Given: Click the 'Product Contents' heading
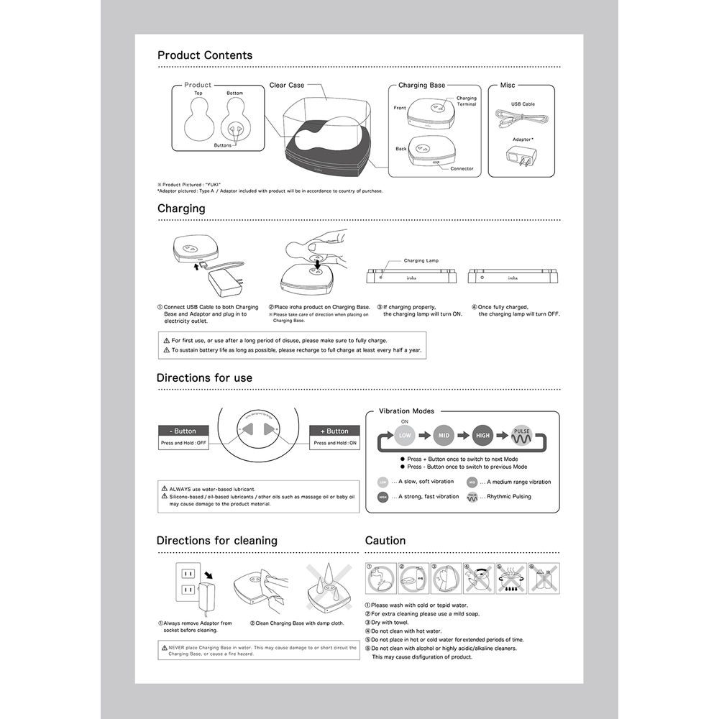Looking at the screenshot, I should click(x=205, y=55).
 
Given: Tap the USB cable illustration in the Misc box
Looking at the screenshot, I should click(x=522, y=118).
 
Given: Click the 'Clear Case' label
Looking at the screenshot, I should click(x=287, y=86).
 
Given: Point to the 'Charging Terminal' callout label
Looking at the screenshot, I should click(x=466, y=101).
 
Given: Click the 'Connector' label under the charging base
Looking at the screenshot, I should click(x=462, y=169).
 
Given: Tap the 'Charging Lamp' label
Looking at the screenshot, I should click(x=421, y=261).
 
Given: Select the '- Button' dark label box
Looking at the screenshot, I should click(x=183, y=431).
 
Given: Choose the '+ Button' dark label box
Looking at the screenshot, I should click(x=334, y=431).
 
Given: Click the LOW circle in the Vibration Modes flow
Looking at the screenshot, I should click(x=405, y=435).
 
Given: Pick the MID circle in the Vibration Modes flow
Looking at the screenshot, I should click(x=443, y=435).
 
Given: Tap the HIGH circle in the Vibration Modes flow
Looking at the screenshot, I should click(x=482, y=435).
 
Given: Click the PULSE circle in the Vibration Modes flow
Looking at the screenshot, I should click(x=521, y=435).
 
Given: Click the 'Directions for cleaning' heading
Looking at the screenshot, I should click(x=216, y=541).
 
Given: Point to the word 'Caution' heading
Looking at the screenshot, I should click(x=385, y=541).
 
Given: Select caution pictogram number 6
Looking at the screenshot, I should click(x=544, y=579).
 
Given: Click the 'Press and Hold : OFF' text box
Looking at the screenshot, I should click(x=183, y=444).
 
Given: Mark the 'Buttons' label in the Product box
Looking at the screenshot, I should click(x=223, y=145).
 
